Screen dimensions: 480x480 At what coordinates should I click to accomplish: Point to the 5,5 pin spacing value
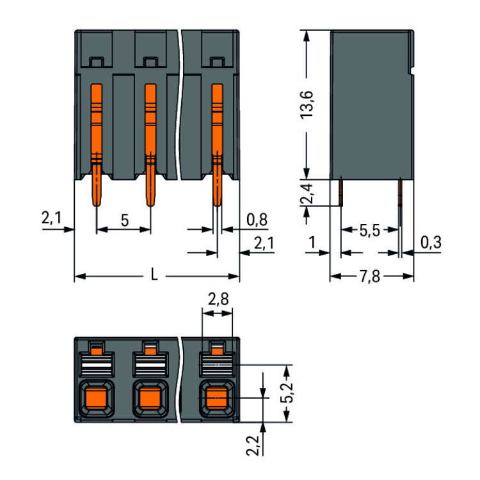(369, 230)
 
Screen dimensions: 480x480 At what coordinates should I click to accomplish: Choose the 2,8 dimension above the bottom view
(218, 298)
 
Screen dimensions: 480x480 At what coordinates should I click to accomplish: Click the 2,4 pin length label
(307, 194)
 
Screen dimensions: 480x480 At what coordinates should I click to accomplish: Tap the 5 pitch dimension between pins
(124, 220)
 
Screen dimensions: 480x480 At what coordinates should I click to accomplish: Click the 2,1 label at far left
(51, 219)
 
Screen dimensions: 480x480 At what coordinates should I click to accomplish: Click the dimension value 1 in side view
(312, 243)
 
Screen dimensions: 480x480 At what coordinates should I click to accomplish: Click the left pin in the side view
(341, 191)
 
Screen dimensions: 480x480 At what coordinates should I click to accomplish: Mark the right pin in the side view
(400, 191)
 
